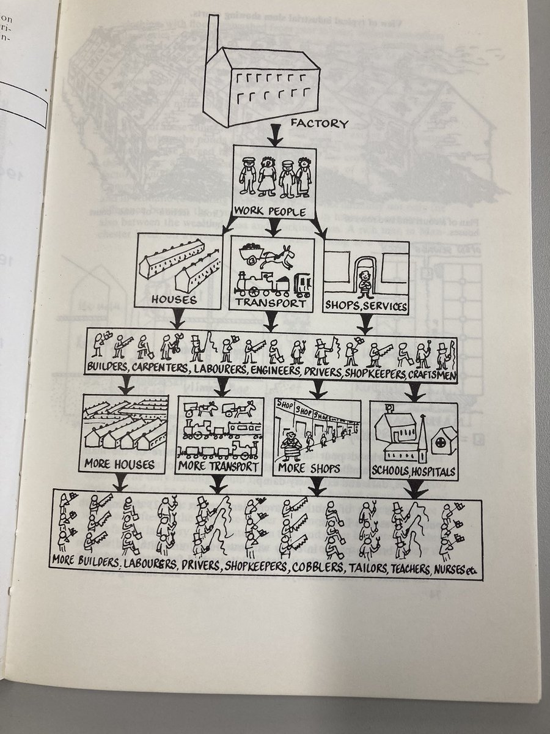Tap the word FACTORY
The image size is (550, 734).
(320, 124)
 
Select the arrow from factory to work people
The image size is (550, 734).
(274, 136)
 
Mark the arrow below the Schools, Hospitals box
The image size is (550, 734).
(416, 488)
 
